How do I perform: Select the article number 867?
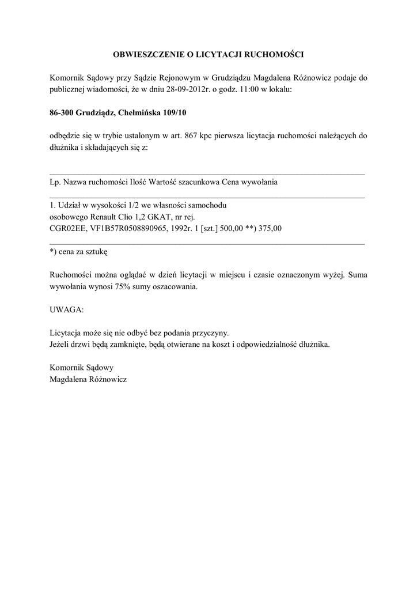click(x=192, y=136)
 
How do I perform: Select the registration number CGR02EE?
click(x=68, y=228)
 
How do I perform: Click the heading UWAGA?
click(x=66, y=309)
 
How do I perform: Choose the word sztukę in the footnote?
click(x=96, y=252)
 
